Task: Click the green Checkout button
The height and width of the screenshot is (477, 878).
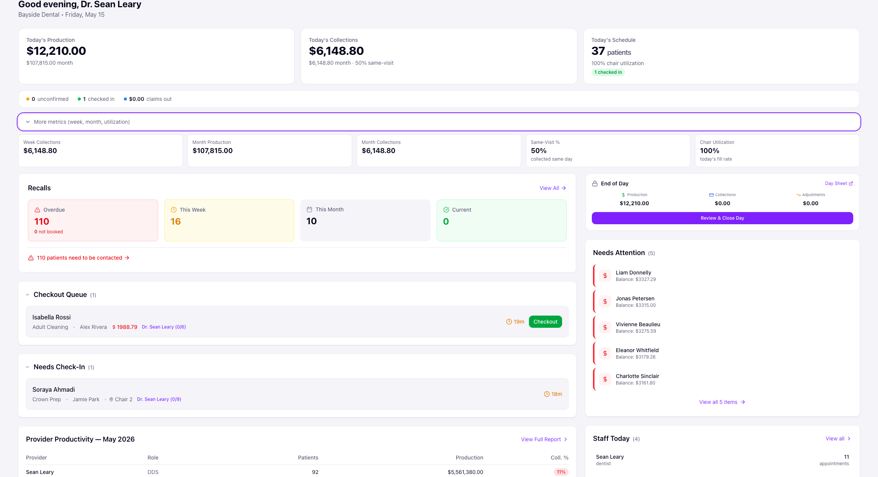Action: [x=545, y=322]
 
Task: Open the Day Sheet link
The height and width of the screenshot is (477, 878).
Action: [x=839, y=183]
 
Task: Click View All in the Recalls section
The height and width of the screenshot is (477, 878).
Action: [x=553, y=188]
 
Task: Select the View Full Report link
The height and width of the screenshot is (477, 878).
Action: [x=544, y=439]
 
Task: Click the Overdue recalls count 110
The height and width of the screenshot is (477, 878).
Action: [x=42, y=222]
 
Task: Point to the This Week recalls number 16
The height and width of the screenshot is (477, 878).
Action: [x=176, y=222]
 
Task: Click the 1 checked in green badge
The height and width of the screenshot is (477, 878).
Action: [x=608, y=72]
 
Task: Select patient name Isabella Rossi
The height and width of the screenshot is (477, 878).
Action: [x=51, y=317]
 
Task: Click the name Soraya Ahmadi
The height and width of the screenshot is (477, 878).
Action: [x=54, y=389]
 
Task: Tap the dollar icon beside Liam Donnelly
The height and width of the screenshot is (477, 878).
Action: [x=605, y=276]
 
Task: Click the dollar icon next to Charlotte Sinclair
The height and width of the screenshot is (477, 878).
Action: [x=605, y=379]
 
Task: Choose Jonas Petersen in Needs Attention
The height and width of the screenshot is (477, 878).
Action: [x=635, y=298]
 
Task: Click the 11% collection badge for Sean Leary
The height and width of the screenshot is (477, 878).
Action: [x=561, y=472]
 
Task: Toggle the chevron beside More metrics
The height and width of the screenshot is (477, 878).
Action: [x=28, y=122]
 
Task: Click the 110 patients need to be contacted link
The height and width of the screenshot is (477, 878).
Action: [x=79, y=258]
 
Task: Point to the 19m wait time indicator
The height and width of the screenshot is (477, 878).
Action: [x=515, y=322]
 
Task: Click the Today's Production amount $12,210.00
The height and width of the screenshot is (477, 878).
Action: [x=56, y=51]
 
